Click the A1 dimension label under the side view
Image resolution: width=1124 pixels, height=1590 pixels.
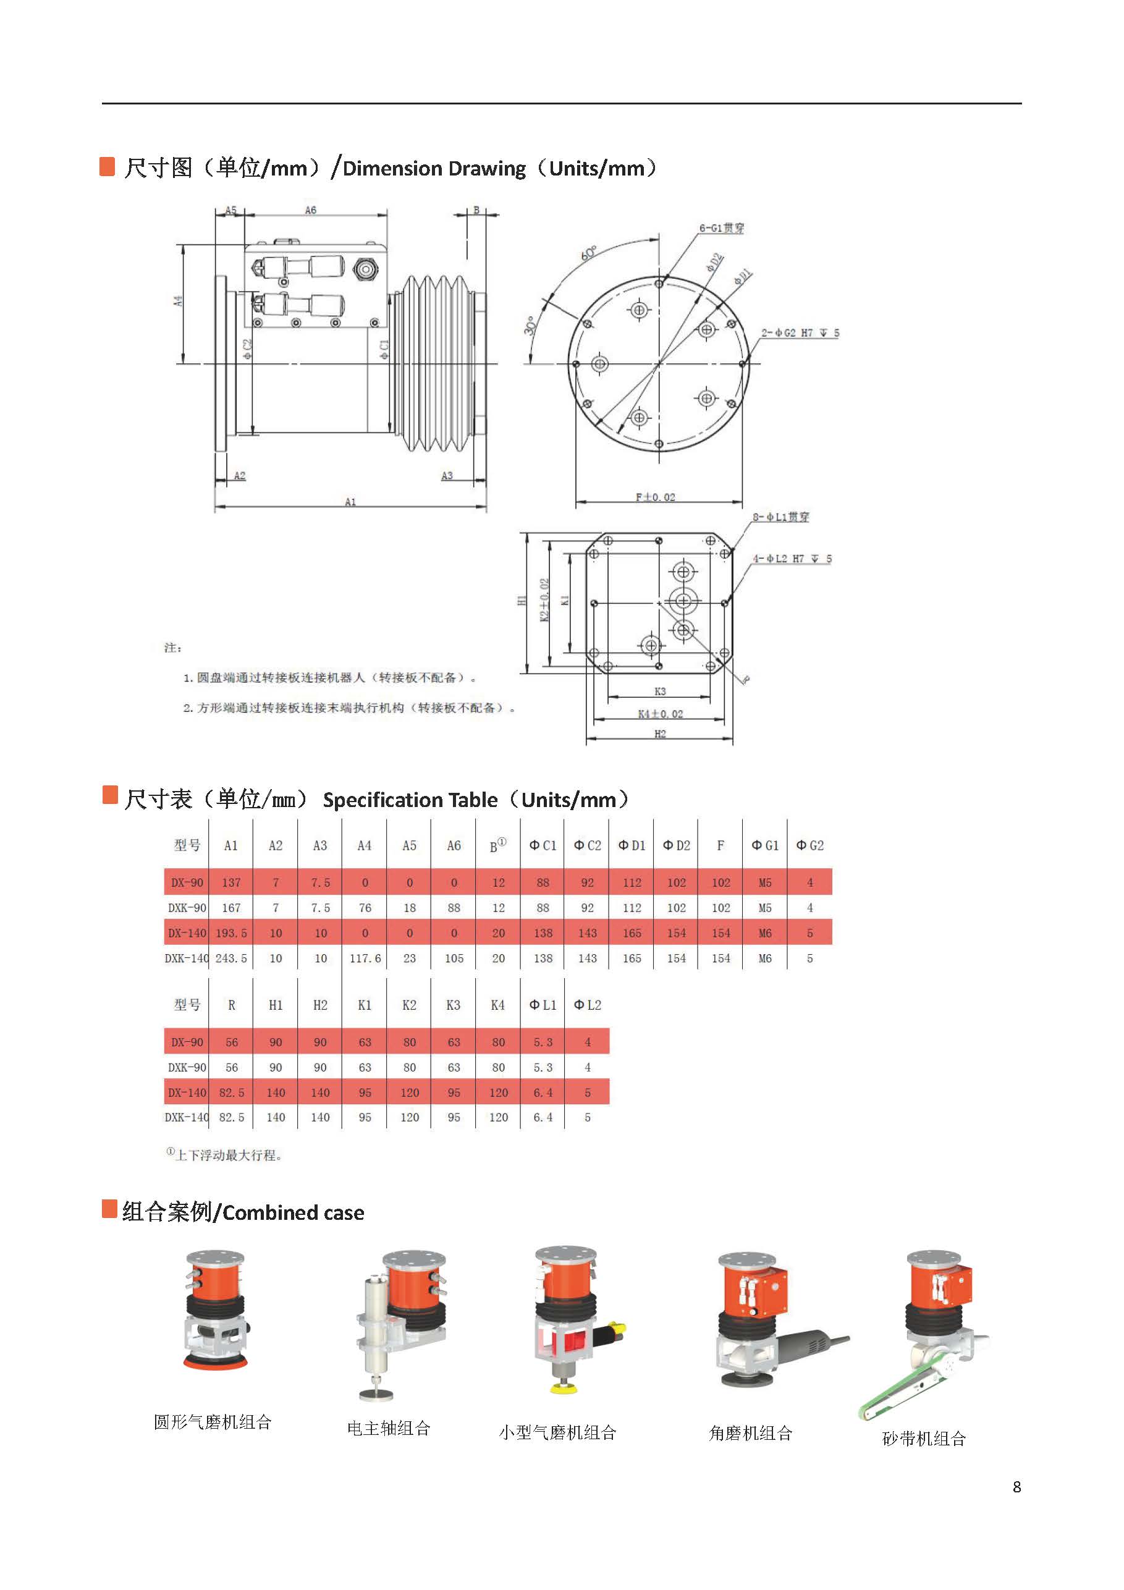point(350,501)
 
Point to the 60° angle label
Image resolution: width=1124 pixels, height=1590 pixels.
point(588,253)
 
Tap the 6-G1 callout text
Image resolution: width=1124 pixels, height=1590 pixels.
point(721,228)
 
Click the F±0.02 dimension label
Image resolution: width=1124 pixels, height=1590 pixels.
point(655,497)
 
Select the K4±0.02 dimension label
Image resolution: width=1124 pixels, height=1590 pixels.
point(660,713)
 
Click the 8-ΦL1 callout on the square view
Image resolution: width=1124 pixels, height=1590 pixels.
point(780,517)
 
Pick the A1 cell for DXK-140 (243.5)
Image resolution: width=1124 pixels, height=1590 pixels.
point(231,958)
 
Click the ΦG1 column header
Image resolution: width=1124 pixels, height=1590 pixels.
point(764,845)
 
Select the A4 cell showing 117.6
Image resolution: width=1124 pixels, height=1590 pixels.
point(365,958)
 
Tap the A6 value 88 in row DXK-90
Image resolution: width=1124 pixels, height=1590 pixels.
point(454,908)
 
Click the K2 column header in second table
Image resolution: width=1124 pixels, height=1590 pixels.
point(409,1005)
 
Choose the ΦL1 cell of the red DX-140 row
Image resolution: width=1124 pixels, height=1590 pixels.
point(543,1092)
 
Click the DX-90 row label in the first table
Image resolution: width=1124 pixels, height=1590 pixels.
point(187,883)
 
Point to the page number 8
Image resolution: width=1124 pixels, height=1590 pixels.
point(1016,1487)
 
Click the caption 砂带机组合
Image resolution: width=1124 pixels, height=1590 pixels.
point(923,1439)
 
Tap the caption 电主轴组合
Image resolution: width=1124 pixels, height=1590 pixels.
point(389,1428)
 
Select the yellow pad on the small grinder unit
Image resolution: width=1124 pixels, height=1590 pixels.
point(558,1389)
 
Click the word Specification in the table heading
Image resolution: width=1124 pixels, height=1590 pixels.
point(410,800)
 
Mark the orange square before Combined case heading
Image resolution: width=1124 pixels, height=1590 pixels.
point(109,1209)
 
